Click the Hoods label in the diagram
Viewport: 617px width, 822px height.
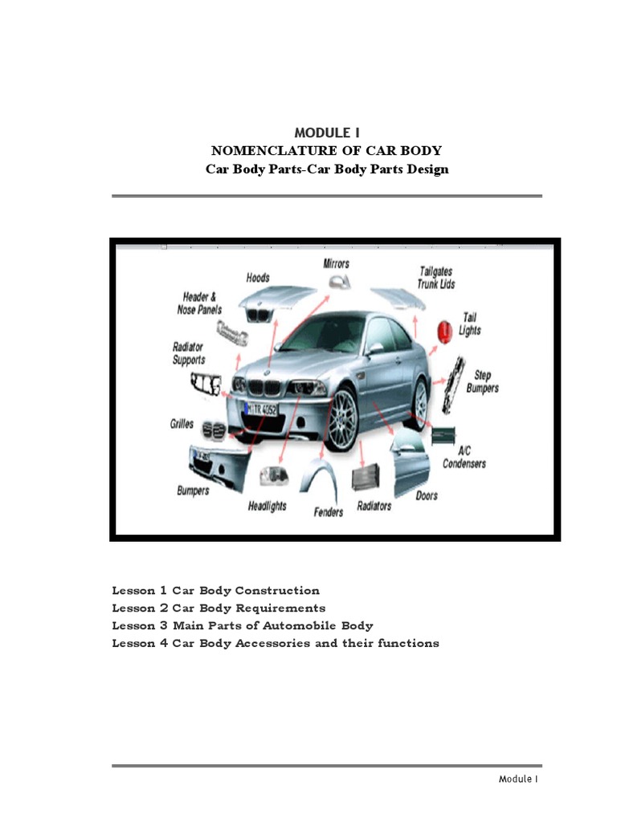point(257,278)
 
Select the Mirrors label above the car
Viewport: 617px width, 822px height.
point(336,263)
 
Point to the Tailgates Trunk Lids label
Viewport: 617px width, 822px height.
point(437,278)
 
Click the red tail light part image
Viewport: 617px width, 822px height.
point(442,329)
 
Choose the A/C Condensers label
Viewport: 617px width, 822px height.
point(464,457)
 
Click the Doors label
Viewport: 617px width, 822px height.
point(427,495)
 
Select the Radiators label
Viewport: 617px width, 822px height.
point(374,506)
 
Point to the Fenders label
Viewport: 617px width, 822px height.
point(328,511)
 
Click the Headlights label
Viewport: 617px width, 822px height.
point(267,507)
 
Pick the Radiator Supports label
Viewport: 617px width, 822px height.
point(189,353)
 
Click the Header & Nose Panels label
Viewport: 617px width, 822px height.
point(199,303)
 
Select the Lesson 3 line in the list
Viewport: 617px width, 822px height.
point(243,625)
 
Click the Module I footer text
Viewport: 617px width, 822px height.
point(518,779)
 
